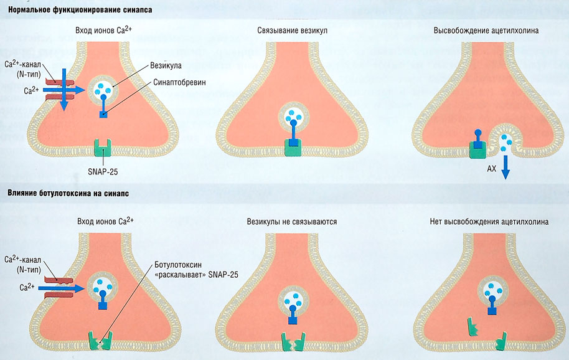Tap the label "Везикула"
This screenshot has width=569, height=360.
point(165,65)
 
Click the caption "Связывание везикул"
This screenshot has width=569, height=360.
point(292,30)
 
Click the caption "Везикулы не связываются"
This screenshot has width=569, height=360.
point(292,221)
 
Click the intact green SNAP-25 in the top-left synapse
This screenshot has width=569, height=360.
point(101,148)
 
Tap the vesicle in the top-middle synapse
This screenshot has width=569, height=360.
point(293,115)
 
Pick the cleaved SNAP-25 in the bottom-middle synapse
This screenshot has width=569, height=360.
point(293,342)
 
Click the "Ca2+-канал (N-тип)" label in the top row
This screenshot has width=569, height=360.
point(23,69)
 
